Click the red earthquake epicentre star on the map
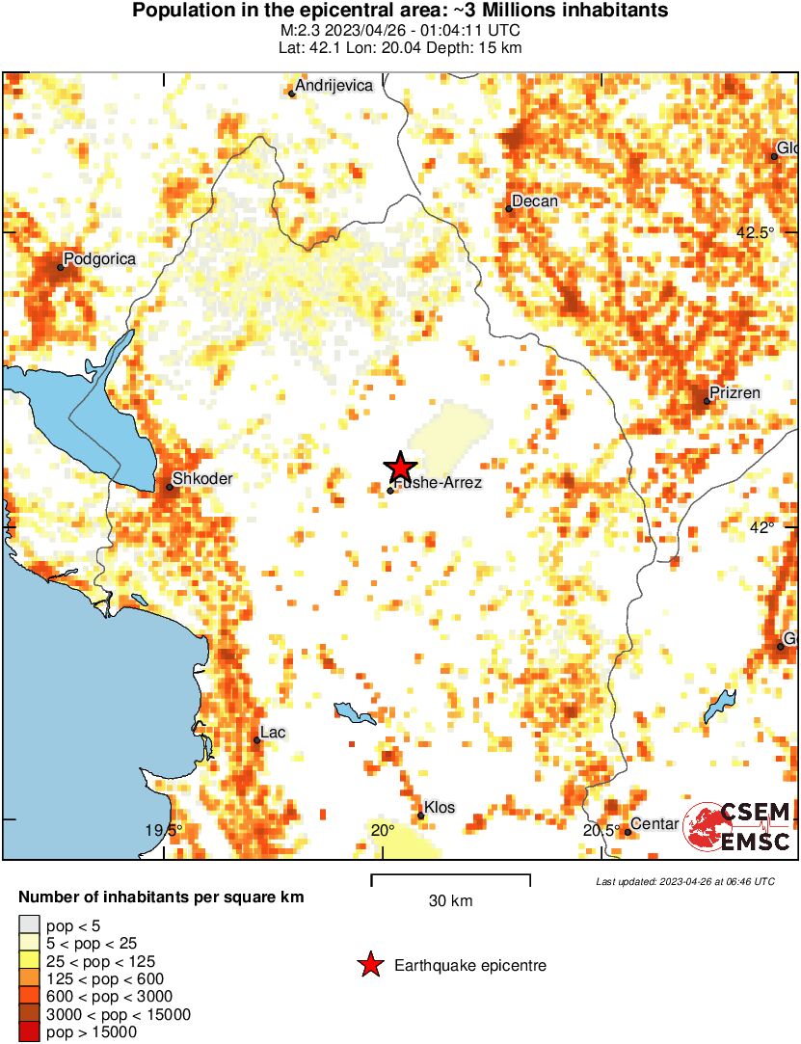400,467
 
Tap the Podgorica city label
99,258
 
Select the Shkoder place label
201,478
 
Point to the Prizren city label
734,392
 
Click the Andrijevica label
334,86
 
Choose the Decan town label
534,201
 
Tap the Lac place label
273,733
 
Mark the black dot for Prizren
707,401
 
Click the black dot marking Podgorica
60,267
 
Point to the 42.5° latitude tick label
755,232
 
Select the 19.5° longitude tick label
164,830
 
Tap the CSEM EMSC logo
738,826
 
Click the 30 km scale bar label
450,901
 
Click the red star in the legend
369,965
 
